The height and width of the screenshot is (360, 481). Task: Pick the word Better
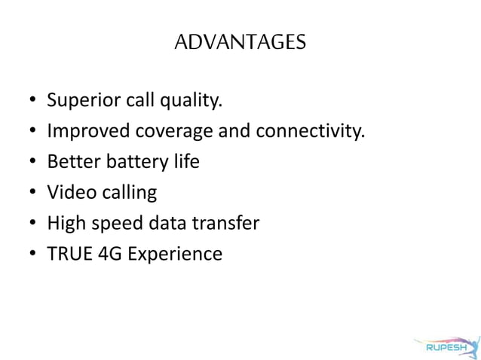click(70, 162)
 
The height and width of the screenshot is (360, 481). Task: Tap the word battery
click(130, 163)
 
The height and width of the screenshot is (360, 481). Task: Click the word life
click(185, 162)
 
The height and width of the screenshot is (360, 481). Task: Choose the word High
click(65, 224)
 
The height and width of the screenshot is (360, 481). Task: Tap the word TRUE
click(67, 254)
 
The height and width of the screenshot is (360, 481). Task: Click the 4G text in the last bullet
click(109, 254)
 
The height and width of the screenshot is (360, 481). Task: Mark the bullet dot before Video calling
click(32, 194)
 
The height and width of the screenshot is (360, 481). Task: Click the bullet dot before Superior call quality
click(32, 102)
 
